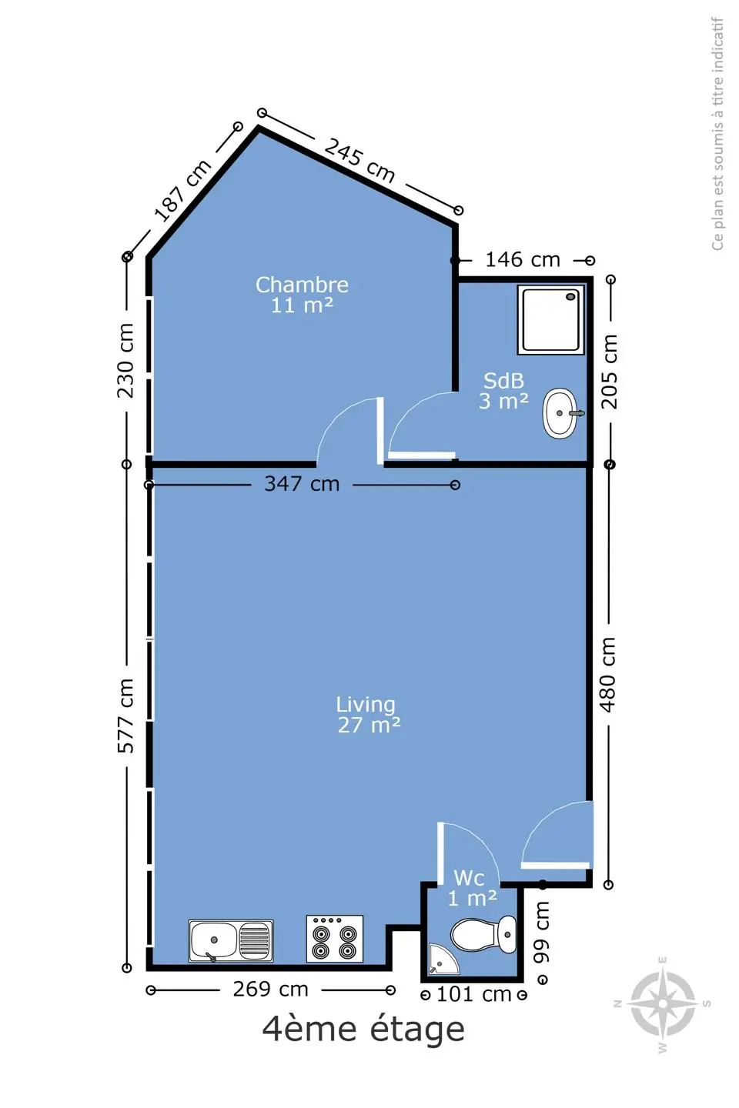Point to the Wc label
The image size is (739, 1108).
(469, 878)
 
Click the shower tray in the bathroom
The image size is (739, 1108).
(550, 319)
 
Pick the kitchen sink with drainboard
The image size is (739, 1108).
(231, 941)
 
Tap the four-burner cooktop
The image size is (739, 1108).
(335, 939)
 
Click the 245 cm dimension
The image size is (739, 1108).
(359, 160)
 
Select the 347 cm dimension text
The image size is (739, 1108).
(302, 484)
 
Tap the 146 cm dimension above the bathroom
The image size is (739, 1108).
(523, 260)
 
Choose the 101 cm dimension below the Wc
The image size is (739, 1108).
(473, 994)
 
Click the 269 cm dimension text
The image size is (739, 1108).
(271, 990)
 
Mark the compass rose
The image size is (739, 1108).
(663, 1004)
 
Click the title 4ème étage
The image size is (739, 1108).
(363, 1030)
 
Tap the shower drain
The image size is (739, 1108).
(571, 296)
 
